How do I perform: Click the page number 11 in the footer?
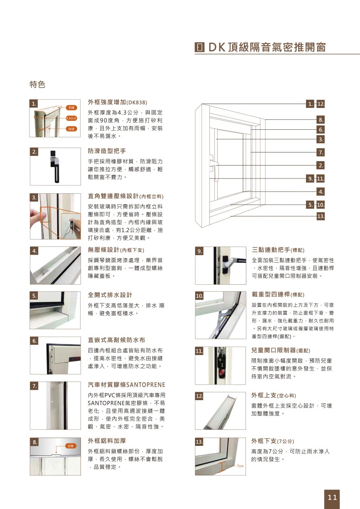pos(332,497)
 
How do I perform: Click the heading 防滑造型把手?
pos(107,152)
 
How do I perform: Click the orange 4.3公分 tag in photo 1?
pos(71,118)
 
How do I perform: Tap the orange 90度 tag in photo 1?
pos(71,128)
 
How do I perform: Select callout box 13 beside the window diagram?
pos(321,216)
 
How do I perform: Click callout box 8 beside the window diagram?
pos(321,120)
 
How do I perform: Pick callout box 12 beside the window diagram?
pos(321,104)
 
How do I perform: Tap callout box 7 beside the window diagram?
pos(321,152)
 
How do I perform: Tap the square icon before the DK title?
pos(199,47)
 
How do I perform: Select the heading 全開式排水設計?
pos(110,295)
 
